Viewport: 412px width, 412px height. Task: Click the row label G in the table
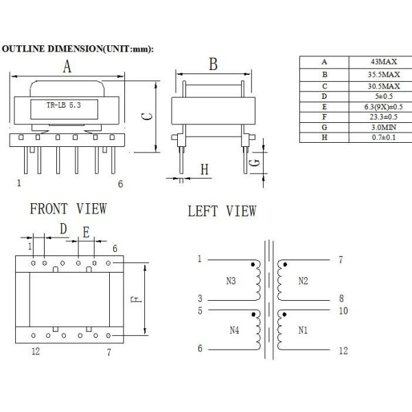click(324, 127)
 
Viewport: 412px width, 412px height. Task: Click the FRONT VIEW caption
click(67, 209)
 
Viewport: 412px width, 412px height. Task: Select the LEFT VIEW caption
click(222, 211)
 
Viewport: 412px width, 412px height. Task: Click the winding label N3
click(229, 281)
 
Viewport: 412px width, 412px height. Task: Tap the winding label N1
click(304, 330)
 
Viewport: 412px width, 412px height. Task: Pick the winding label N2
click(304, 281)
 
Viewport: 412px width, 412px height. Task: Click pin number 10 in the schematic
click(344, 310)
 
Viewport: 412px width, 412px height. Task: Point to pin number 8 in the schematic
click(341, 299)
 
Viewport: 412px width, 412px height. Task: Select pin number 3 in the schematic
click(200, 299)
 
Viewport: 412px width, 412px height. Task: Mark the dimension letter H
click(204, 169)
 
